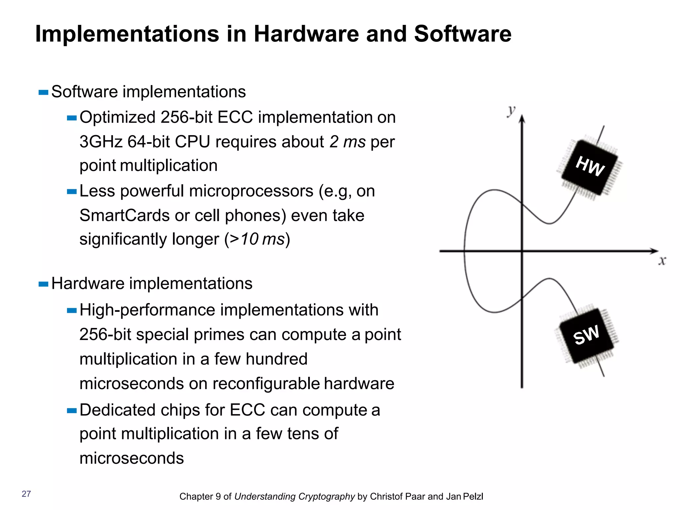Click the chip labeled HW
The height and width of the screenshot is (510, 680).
590,167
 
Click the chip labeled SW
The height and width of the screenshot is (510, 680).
587,335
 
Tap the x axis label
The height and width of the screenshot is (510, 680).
662,261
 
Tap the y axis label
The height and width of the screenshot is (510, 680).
511,110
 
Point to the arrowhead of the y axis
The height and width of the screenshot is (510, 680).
522,119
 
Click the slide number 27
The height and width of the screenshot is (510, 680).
26,494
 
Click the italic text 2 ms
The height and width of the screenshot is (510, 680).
347,142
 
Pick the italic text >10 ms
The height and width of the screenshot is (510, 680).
257,239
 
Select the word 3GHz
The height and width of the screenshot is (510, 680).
101,142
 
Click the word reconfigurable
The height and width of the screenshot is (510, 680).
266,383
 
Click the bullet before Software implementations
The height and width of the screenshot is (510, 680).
43,92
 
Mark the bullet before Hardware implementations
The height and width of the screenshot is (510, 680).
43,284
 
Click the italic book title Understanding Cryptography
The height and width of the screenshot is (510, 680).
295,496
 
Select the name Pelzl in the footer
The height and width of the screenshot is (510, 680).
473,496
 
